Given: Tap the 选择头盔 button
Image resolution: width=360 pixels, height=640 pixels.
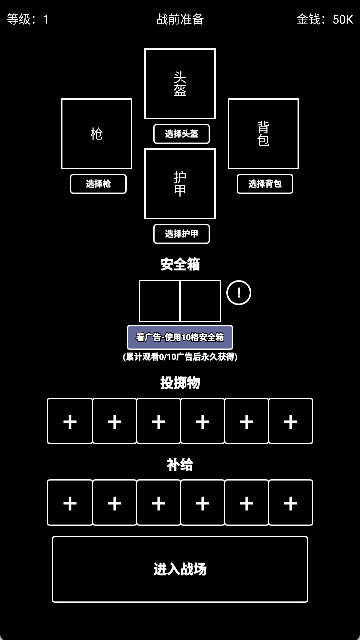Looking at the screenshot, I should (x=181, y=134).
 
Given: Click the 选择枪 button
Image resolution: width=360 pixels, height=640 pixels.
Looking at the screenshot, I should (x=97, y=184).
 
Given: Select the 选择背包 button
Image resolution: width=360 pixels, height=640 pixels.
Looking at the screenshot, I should (x=264, y=184).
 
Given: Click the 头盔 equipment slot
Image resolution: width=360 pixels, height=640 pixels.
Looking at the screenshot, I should (x=180, y=84).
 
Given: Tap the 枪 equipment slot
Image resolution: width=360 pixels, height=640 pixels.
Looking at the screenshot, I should (x=97, y=133).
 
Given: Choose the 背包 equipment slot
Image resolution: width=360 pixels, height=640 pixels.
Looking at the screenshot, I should (x=264, y=133).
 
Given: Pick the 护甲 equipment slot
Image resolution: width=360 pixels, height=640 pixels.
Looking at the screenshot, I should (x=180, y=183).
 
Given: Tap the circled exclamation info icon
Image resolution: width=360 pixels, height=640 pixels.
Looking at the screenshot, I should (x=239, y=293).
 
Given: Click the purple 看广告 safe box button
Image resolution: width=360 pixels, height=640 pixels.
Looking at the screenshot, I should (x=180, y=337).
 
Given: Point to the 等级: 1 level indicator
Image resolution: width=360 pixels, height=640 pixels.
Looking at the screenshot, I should (x=28, y=19).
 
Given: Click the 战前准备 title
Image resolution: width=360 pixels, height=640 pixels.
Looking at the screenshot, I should (x=180, y=19).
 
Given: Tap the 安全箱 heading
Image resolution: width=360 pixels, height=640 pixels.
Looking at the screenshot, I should (x=180, y=265).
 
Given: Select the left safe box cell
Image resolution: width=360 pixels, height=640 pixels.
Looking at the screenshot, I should (x=159, y=301).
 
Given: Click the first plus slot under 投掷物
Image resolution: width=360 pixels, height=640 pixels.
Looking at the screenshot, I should (x=70, y=421).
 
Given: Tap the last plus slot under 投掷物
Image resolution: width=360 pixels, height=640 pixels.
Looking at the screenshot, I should (x=290, y=421).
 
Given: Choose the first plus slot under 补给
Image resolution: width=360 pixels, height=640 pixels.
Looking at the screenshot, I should (x=70, y=502).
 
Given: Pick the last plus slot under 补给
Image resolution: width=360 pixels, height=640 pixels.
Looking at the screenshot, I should (x=290, y=502).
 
